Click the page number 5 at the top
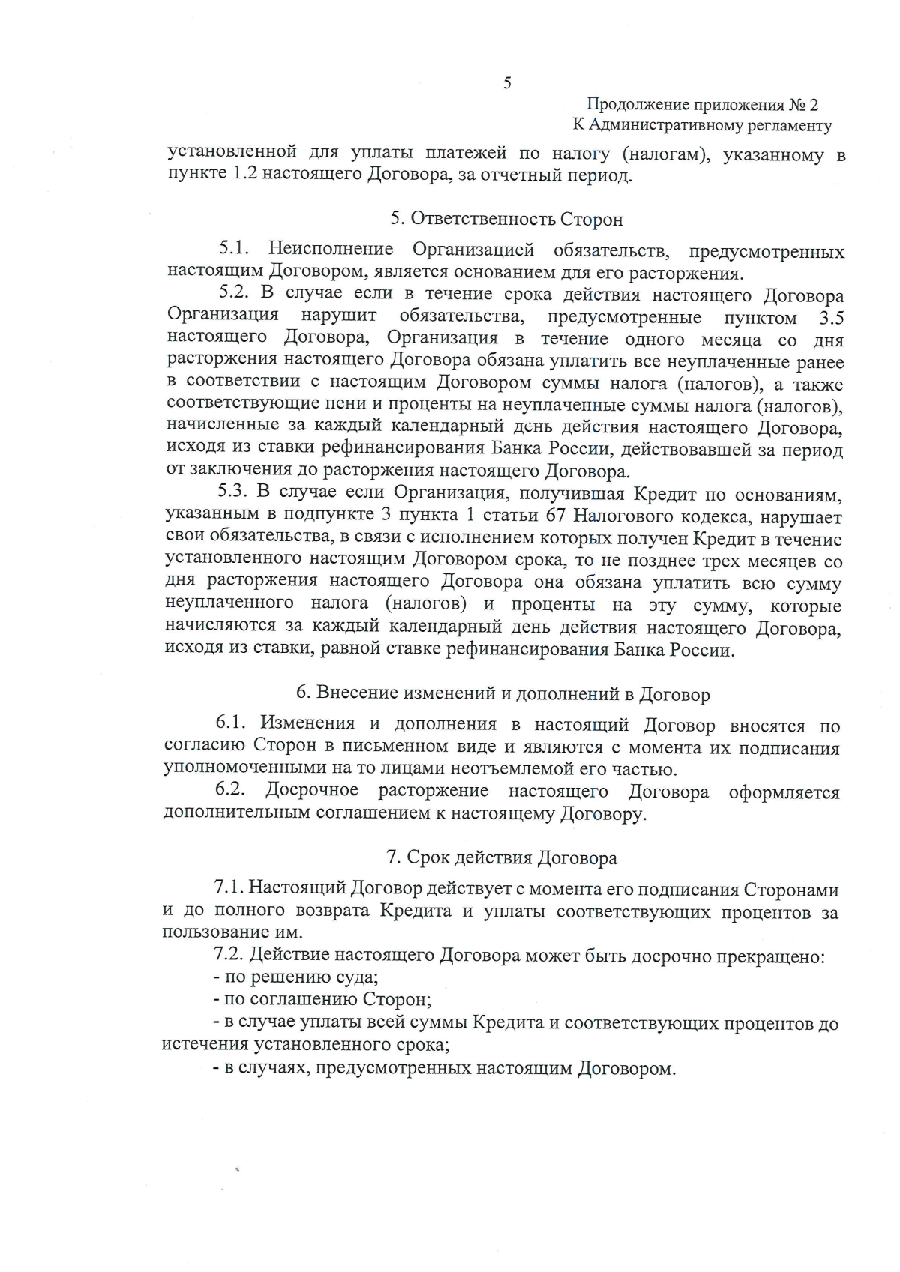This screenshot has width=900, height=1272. point(507,83)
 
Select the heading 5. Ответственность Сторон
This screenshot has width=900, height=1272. point(506,220)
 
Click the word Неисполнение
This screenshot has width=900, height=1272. point(331,250)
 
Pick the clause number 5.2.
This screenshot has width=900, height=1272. point(233,295)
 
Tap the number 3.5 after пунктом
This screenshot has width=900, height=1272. point(831,317)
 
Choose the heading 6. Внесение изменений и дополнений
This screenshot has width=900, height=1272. point(502,694)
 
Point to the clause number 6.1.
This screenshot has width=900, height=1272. point(231,724)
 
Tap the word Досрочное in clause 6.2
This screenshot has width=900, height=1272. point(312,792)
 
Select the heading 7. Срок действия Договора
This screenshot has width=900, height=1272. point(502,858)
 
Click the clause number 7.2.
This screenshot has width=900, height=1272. point(229,956)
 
